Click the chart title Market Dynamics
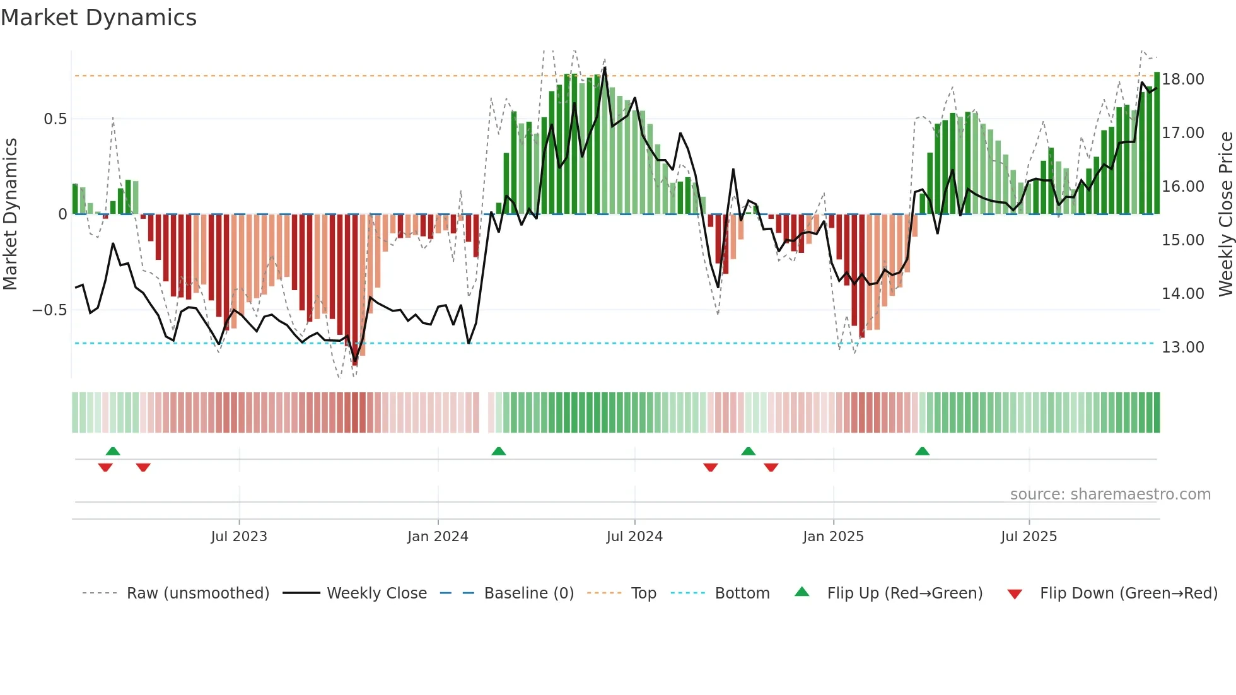[x=98, y=18]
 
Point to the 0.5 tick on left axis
[x=55, y=119]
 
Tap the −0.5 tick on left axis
[x=49, y=310]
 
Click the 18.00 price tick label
[x=1183, y=79]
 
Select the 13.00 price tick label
[x=1183, y=347]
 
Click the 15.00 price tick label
[x=1183, y=240]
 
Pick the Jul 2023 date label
[x=239, y=537]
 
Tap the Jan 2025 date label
[x=833, y=537]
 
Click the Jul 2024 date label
[x=634, y=537]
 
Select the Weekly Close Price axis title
[x=1225, y=214]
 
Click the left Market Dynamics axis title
[x=10, y=214]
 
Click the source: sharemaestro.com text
[x=1110, y=494]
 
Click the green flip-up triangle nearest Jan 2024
[x=498, y=451]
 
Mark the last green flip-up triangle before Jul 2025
[x=922, y=451]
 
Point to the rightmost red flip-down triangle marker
[x=771, y=467]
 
